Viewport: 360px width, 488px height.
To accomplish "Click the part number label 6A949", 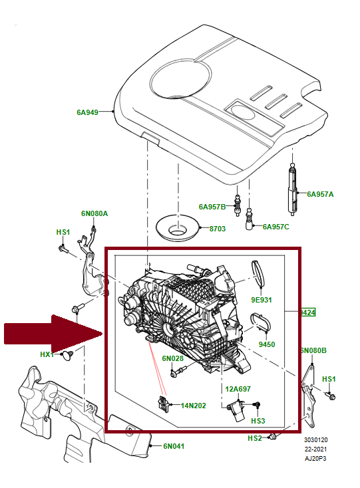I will click(87, 112).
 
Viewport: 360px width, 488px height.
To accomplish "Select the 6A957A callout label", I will click(320, 194).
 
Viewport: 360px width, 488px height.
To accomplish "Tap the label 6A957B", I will click(212, 207).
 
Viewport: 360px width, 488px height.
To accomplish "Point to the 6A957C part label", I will click(275, 227).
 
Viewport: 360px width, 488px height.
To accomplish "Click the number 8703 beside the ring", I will click(218, 228).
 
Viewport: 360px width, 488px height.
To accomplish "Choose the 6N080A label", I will click(94, 213).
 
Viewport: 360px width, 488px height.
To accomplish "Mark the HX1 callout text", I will click(47, 354).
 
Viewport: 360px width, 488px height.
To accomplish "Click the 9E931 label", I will click(262, 300).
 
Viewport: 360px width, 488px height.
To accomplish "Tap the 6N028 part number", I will click(172, 358).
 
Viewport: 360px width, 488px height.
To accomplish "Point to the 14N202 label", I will click(193, 405).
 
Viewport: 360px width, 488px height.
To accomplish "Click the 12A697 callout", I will click(237, 388).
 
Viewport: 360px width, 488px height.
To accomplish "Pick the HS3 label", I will click(258, 421).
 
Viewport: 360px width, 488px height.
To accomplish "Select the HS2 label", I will click(254, 438).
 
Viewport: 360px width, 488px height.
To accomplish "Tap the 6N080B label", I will click(313, 350).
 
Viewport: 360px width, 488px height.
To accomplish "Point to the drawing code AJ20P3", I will click(316, 459).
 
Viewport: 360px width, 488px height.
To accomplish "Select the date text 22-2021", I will click(316, 449).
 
